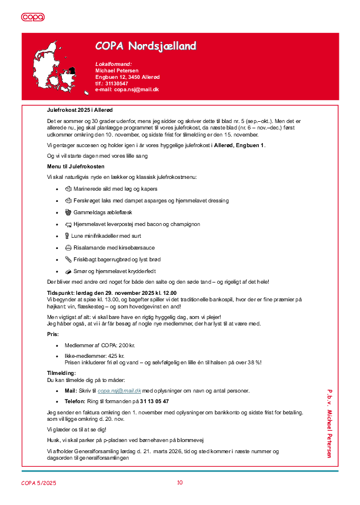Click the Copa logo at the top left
click(33, 17)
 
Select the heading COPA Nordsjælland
click(146, 46)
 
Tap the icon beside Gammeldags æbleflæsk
click(68, 212)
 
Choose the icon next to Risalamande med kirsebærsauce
click(68, 248)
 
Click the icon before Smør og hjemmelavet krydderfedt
click(68, 271)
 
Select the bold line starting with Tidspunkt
click(112, 293)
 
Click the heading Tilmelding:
click(62, 374)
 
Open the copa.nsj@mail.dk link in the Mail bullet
click(119, 391)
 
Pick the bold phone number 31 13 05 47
click(154, 401)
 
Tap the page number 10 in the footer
click(180, 483)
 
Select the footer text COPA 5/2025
click(39, 483)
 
